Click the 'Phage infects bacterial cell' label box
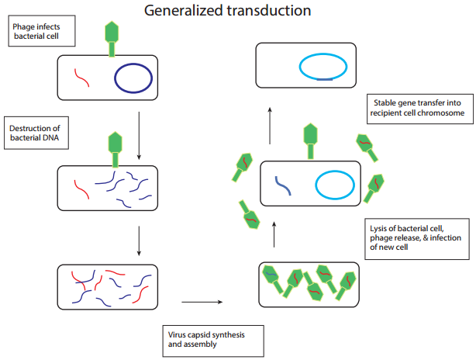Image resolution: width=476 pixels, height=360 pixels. coord(42,31)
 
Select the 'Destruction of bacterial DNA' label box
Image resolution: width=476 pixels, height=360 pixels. coord(36,133)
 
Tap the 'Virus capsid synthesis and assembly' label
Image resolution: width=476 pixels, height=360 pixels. coord(213,341)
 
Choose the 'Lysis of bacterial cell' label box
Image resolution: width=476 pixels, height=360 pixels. coord(417,239)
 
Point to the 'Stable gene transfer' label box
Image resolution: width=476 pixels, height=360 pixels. coord(420,109)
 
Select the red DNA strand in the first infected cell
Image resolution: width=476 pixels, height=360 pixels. coord(81,78)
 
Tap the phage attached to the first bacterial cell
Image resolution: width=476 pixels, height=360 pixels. coord(112,39)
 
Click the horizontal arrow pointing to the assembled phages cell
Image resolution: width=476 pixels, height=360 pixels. coord(202,302)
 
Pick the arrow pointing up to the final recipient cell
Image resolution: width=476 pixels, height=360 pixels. coord(270,126)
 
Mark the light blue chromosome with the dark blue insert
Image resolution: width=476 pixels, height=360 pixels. coord(323,54)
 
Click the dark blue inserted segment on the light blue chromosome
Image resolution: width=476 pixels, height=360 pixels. coord(325,79)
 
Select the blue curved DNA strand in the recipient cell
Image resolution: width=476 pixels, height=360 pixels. coord(283,185)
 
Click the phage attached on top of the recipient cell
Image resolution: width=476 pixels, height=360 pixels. coord(310,141)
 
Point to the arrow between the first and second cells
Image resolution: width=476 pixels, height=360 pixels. coord(139,136)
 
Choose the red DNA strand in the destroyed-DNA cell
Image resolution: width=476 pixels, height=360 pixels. coord(81,189)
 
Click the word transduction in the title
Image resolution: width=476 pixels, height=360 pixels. coord(269,11)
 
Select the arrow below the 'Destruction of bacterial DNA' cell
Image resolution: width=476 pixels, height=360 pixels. coord(139,241)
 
